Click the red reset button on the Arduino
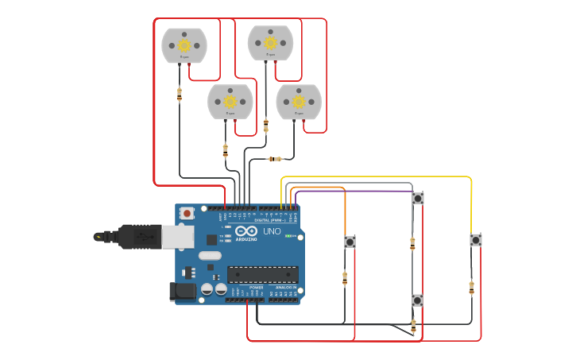pyautogui.click(x=187, y=213)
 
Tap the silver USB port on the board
pyautogui.click(x=176, y=236)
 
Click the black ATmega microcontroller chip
pyautogui.click(x=262, y=275)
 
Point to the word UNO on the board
pyautogui.click(x=272, y=231)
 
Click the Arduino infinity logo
pyautogui.click(x=246, y=231)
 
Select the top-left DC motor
pyautogui.click(x=184, y=46)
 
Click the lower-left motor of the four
pyautogui.click(x=230, y=102)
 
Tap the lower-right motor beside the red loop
pyautogui.click(x=299, y=102)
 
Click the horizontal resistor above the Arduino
pyautogui.click(x=274, y=159)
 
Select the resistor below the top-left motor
pyautogui.click(x=179, y=95)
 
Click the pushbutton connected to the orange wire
pyautogui.click(x=350, y=242)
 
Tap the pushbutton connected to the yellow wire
pyautogui.click(x=475, y=240)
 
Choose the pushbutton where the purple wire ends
pyautogui.click(x=417, y=198)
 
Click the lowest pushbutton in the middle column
pyautogui.click(x=417, y=300)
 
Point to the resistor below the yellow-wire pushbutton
pyautogui.click(x=471, y=287)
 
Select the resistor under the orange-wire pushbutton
pyautogui.click(x=344, y=277)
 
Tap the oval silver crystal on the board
pyautogui.click(x=209, y=256)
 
